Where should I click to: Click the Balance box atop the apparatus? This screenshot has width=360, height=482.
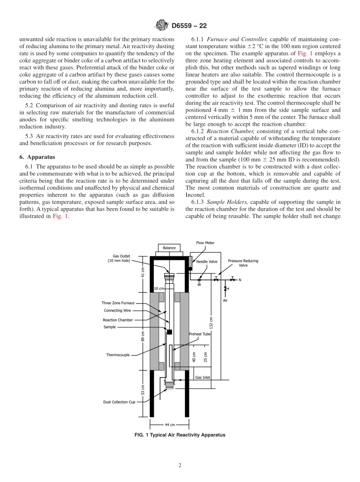coord(169,248)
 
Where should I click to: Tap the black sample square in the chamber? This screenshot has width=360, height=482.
coord(169,332)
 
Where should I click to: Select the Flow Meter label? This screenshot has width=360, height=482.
coord(205,243)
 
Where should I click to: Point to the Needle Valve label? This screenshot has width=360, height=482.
coord(207,262)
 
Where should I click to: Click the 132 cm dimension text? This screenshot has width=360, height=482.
coord(211,322)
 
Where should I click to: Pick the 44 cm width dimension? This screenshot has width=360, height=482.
coord(170,424)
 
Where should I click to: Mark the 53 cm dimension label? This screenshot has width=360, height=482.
coord(143,390)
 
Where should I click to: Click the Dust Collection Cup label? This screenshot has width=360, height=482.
coord(119,402)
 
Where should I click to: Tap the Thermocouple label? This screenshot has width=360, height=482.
coord(118,355)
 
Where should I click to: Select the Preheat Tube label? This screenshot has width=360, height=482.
coord(200,334)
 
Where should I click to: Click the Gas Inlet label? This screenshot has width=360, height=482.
coord(202,377)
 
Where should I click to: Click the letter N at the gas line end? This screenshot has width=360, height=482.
coord(239,280)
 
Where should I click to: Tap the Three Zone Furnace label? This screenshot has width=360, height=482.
coord(118,303)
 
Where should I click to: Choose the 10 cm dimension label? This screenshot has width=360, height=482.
coord(159,288)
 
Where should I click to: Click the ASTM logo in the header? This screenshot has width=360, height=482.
coord(161,26)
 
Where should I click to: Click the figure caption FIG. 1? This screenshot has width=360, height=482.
coord(180,435)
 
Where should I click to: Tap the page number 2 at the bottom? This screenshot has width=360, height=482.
coord(180,466)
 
